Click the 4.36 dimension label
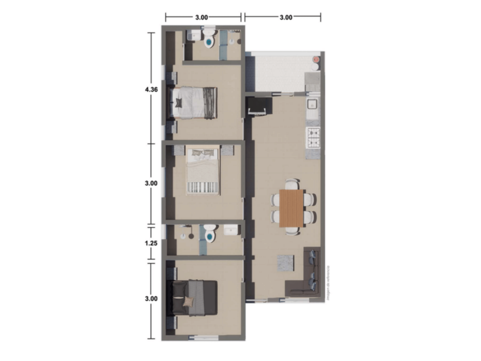click(151, 90)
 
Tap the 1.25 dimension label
click(151, 243)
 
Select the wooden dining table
click(291, 208)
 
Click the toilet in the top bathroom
click(209, 41)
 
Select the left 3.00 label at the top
click(201, 17)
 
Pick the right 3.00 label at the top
click(286, 17)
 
